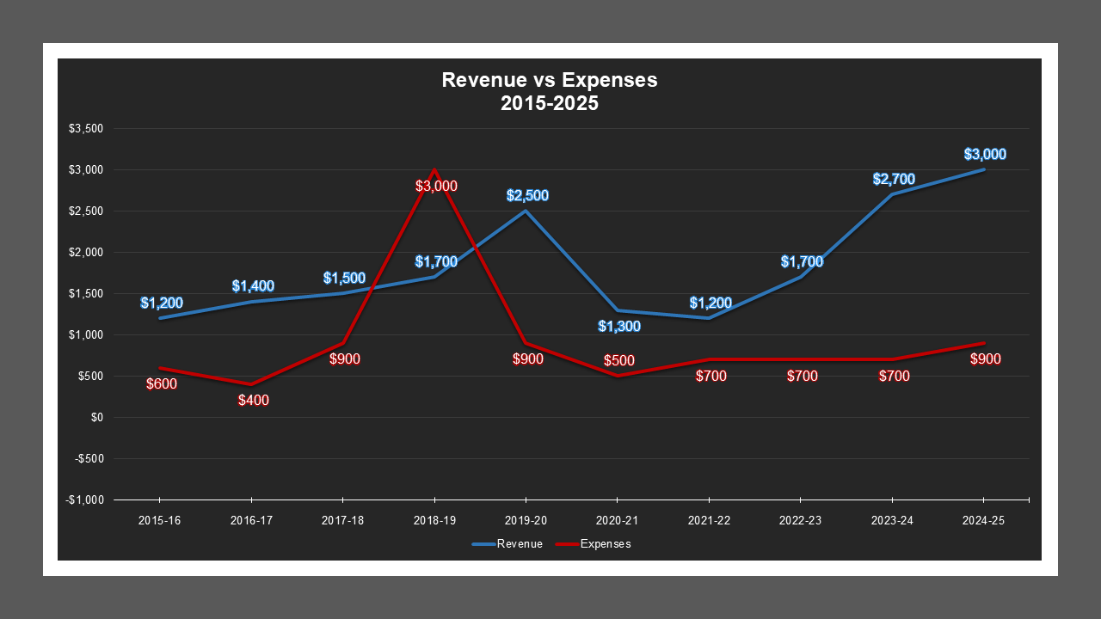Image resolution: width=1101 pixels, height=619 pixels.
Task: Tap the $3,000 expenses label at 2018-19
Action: point(436,186)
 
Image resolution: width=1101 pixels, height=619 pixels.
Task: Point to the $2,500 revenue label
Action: point(527,196)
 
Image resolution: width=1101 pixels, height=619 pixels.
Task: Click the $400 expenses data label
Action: point(254,400)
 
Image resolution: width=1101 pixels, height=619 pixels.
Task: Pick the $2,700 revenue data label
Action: point(894,180)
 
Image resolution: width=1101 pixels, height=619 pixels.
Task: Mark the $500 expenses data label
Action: point(619,360)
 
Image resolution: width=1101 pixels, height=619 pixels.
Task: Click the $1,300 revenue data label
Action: point(618,327)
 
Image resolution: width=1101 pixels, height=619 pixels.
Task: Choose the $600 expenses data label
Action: point(161,384)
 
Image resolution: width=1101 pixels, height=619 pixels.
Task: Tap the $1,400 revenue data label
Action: point(253,286)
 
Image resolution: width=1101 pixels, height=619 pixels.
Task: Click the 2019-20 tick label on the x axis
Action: point(526,521)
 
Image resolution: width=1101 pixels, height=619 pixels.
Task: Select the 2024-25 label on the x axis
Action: point(983,521)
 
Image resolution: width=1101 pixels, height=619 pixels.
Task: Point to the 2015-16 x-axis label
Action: point(160,521)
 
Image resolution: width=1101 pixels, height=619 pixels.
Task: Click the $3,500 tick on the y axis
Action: point(86,129)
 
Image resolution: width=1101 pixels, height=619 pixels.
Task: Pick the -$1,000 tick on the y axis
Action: point(85,500)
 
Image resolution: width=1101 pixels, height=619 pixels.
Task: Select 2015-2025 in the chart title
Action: point(550,103)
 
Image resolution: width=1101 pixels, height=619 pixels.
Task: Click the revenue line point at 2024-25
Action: point(983,169)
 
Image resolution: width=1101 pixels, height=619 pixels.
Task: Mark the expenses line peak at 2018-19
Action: point(434,170)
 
